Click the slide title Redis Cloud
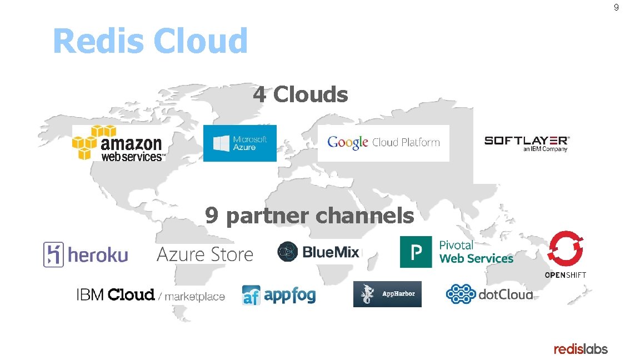150,41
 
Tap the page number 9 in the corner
616,8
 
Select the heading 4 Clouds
301,94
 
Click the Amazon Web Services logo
119,143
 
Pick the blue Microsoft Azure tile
239,143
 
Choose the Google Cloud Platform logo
383,143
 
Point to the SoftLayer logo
527,143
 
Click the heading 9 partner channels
309,215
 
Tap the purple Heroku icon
53,255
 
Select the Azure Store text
205,254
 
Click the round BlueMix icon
288,252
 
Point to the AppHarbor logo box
387,294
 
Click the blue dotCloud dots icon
461,294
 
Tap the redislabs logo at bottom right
581,349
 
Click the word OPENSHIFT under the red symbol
565,275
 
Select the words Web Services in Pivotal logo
476,259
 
